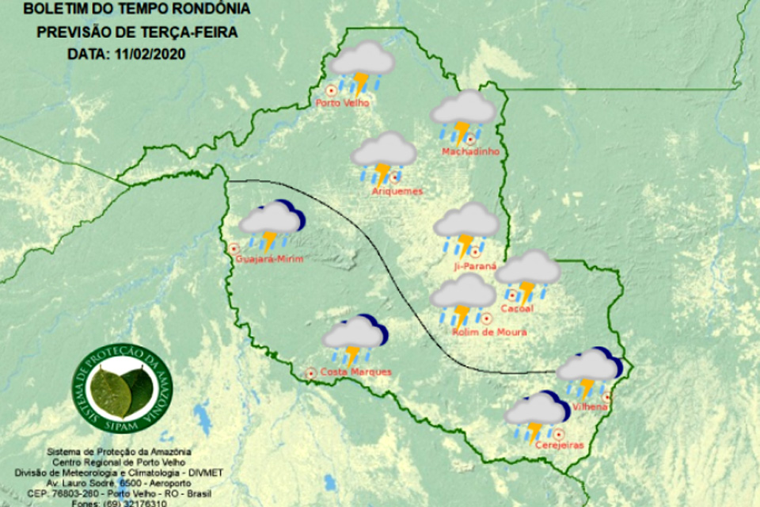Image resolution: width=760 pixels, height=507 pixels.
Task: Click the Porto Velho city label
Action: point(342,102)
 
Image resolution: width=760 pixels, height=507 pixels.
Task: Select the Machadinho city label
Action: point(470,151)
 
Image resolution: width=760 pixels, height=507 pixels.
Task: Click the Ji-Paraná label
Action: point(474,267)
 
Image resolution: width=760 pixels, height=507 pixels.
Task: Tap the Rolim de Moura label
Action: point(489,333)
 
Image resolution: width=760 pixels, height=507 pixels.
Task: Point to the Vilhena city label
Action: point(591,406)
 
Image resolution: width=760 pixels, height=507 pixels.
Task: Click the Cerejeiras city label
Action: point(559,445)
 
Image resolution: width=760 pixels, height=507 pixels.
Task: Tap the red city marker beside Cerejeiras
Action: point(559,433)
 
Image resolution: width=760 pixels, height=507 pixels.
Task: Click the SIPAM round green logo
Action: point(122,388)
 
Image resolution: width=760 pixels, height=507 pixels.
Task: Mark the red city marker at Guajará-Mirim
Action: point(234,248)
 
